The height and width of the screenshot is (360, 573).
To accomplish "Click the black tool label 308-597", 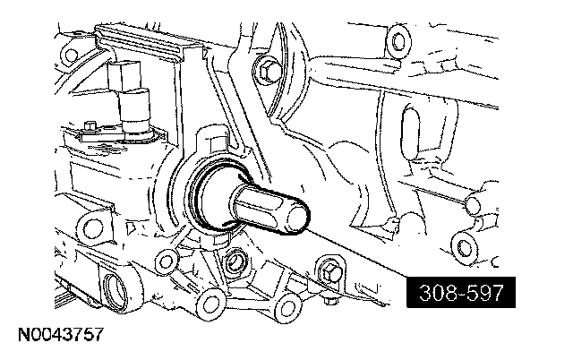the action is coord(461,292).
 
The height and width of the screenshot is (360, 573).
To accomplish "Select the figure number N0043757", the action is coord(61,335).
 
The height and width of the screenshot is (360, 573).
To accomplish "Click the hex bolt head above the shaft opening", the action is coord(267,71).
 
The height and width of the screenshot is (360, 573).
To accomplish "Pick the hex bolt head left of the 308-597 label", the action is coord(330,272).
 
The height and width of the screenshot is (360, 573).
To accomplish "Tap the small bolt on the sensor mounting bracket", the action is coord(90,126).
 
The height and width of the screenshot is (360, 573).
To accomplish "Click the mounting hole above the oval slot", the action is coord(398,40).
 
